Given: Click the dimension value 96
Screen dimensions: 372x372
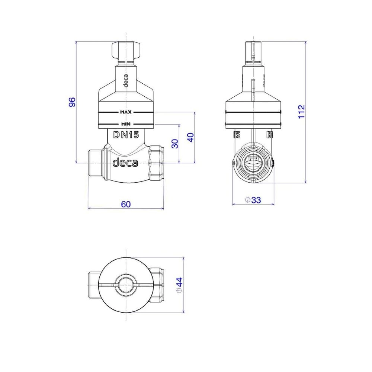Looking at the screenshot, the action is pos(72,102).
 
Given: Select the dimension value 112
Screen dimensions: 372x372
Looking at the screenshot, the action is pos(301,112).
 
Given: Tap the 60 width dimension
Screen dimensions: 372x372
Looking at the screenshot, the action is pos(126,204).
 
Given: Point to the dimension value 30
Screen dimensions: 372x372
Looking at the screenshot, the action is pos(175,144).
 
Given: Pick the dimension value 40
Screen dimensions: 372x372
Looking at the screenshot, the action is pos(190,137).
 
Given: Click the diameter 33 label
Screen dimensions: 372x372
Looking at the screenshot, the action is pos(253,200).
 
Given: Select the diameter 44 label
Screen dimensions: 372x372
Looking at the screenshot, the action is pos(180,285).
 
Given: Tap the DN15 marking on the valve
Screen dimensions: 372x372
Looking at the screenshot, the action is pos(126,135).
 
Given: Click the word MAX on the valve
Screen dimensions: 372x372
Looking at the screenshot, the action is pos(126,112).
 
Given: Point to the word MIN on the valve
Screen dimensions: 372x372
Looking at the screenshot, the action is pos(126,124).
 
